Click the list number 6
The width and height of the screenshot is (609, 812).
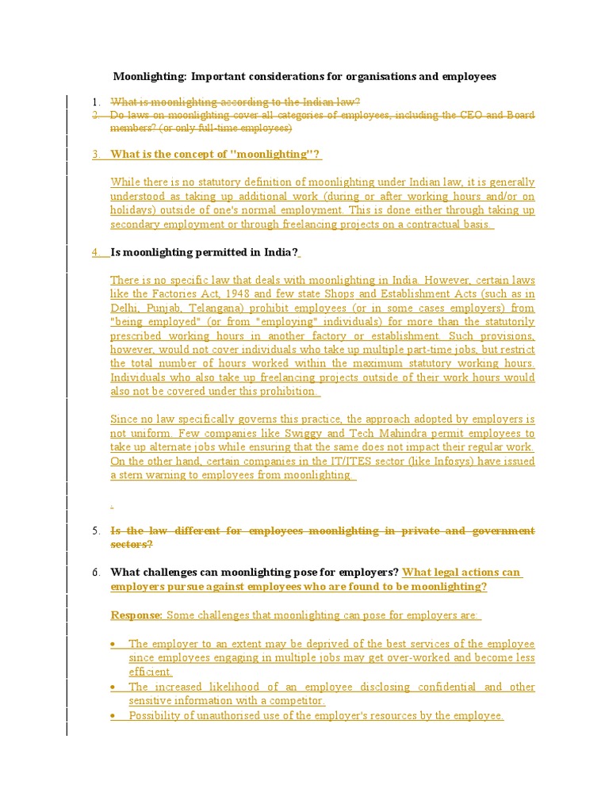95,573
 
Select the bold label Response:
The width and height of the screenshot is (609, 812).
136,615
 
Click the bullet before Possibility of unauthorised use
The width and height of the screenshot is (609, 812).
114,716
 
